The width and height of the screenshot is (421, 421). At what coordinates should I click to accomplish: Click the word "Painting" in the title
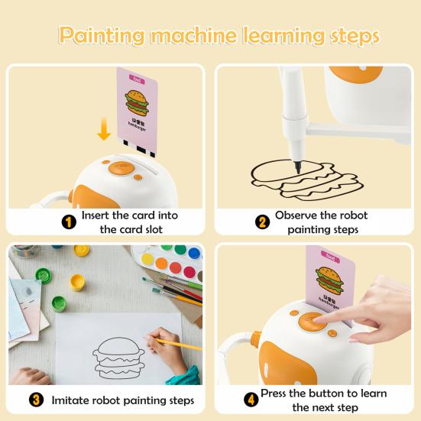pos(102,35)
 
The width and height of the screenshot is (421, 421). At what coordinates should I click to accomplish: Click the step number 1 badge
pos(68,222)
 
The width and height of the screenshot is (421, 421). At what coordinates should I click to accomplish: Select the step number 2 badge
pos(262,222)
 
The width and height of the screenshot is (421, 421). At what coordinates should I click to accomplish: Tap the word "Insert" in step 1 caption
pos(99,215)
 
